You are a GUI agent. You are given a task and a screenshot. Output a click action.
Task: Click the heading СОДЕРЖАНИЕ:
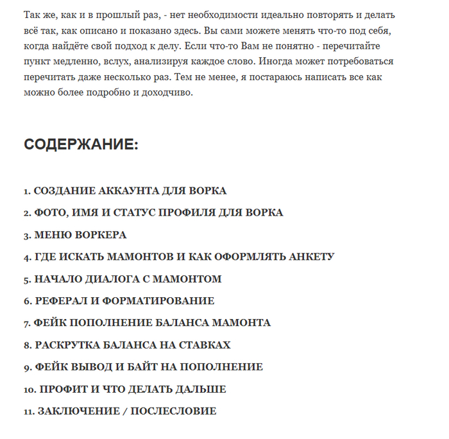coord(81,144)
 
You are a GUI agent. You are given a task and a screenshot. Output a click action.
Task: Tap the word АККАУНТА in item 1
coord(113,191)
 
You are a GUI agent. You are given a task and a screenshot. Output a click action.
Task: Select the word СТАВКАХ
coord(203,345)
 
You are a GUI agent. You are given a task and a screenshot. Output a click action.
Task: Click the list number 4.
coord(27,257)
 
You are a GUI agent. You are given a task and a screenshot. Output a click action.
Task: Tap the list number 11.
coord(28,411)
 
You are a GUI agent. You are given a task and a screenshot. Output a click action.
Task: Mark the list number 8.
coord(27,345)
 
